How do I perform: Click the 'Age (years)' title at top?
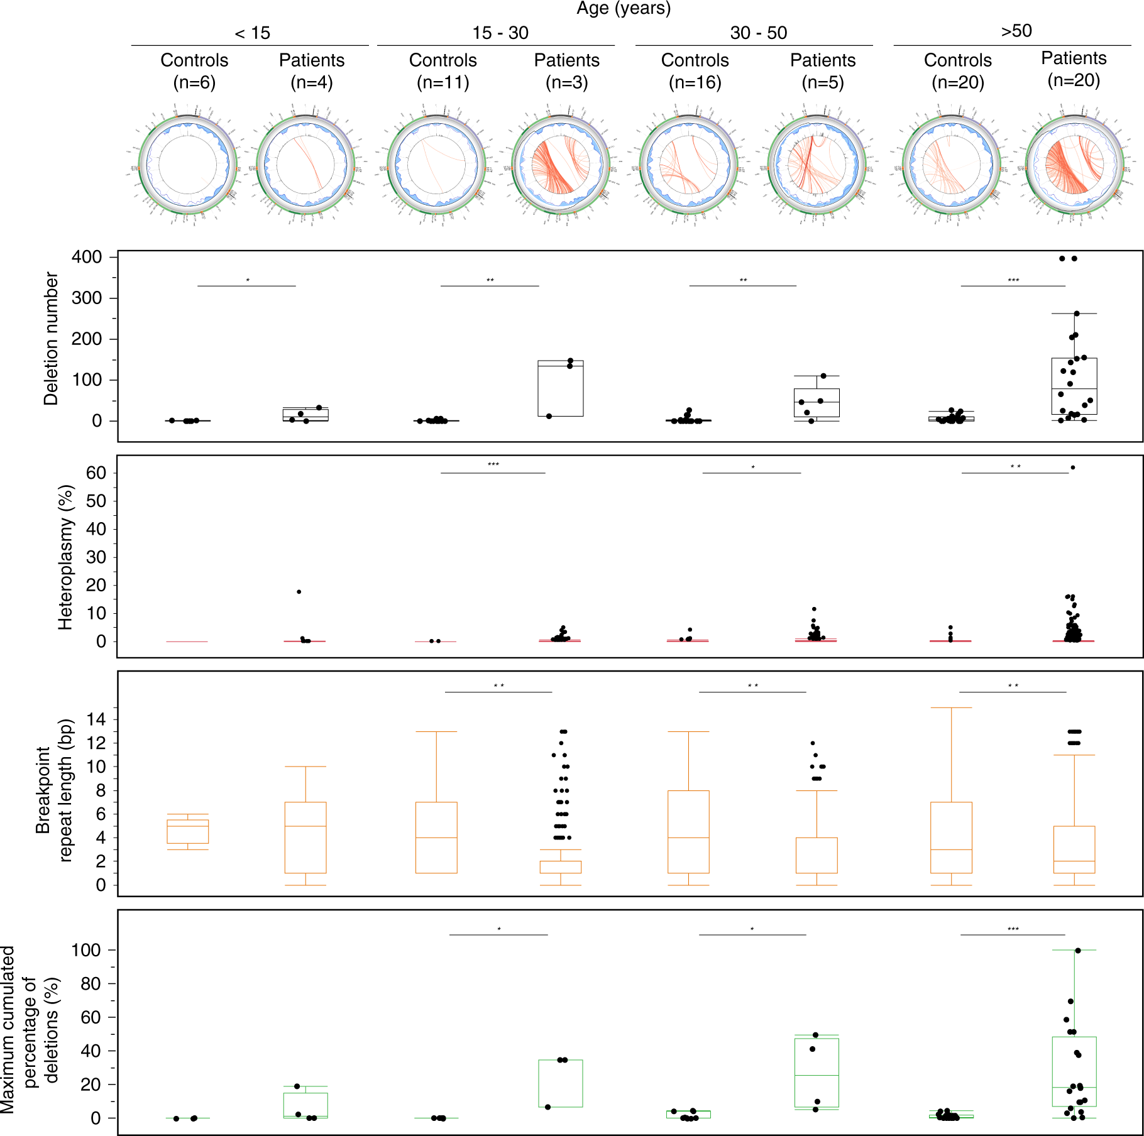624,9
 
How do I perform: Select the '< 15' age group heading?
252,33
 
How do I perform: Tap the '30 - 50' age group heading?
758,33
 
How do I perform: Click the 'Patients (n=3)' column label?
566,71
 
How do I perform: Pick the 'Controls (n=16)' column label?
695,71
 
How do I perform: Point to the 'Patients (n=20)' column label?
1073,69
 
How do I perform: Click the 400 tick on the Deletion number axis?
87,257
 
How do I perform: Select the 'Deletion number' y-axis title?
51,339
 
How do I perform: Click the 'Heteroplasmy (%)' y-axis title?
65,557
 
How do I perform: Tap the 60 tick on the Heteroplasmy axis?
96,473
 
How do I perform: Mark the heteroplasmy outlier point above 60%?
1073,467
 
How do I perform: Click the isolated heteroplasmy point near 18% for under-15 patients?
299,592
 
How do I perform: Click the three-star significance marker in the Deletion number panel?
1013,280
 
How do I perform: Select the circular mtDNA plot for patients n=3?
561,165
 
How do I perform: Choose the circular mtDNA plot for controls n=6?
187,165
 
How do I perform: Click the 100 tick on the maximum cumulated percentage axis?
86,950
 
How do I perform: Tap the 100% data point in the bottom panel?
1078,951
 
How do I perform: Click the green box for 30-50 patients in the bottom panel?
817,1073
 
